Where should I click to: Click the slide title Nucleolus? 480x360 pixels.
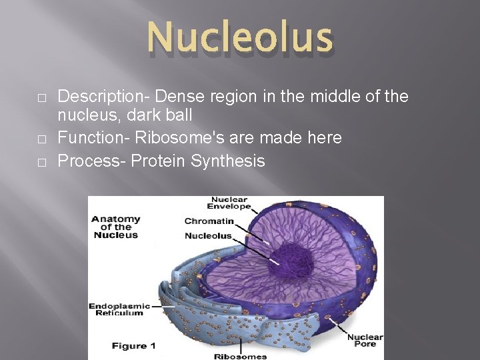(240, 37)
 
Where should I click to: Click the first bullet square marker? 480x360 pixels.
(41, 98)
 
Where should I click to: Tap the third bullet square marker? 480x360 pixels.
(41, 162)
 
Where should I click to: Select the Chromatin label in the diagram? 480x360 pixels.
(209, 221)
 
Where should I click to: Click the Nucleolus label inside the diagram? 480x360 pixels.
(208, 235)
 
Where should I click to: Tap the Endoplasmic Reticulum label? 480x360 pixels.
(117, 309)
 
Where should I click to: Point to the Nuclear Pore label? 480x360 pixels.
(365, 341)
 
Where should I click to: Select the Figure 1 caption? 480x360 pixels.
(133, 346)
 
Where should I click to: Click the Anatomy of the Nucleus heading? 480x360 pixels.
(116, 227)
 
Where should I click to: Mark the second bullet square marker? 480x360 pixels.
(41, 139)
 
